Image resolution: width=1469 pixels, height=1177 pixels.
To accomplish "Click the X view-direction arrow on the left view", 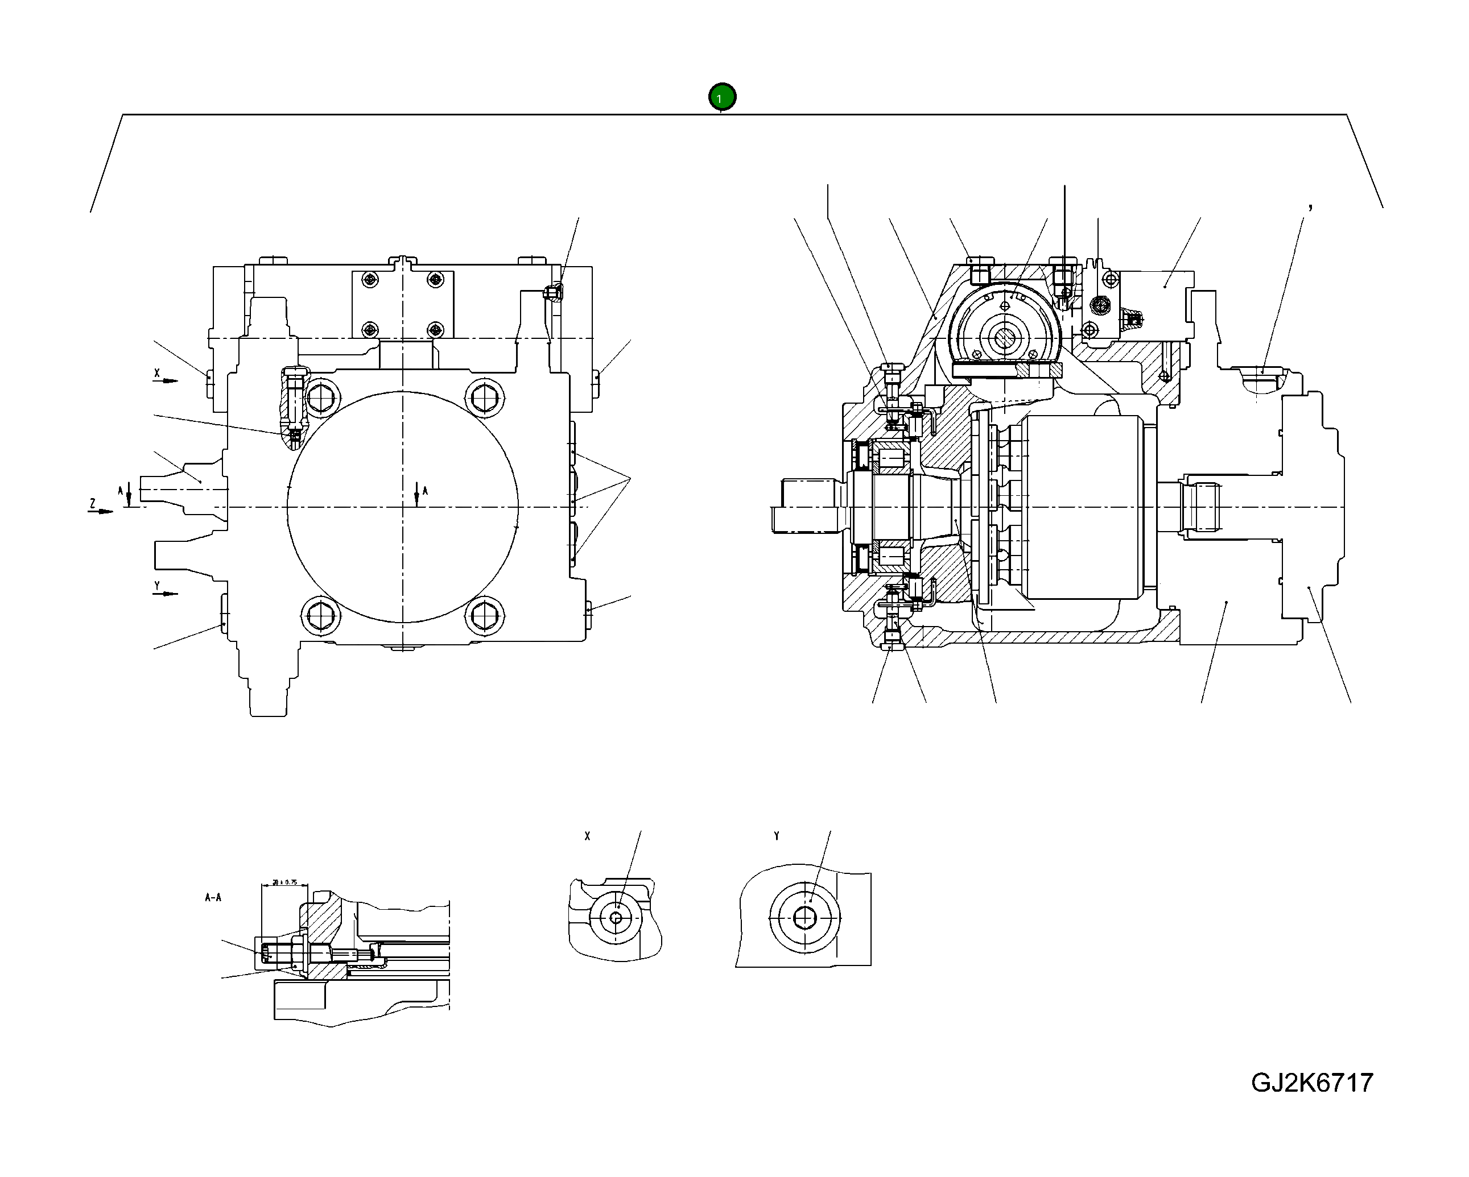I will pos(166,382).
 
